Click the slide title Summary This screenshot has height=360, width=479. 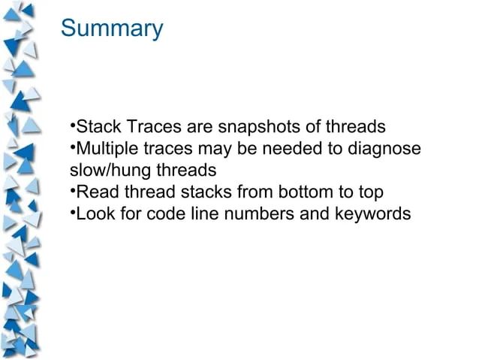(x=111, y=29)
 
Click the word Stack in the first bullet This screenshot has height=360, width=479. (x=96, y=125)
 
